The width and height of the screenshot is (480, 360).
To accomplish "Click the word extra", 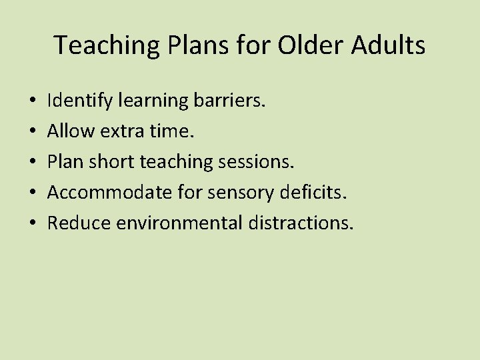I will pyautogui.click(x=123, y=131).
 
